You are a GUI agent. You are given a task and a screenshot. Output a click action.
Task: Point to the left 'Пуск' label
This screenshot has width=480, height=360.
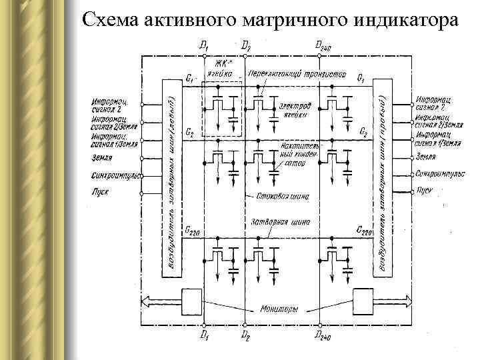pyautogui.click(x=100, y=191)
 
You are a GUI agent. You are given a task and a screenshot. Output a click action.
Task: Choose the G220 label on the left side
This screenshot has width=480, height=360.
pyautogui.click(x=193, y=231)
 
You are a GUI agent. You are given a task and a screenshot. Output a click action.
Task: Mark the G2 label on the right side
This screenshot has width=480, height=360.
pyautogui.click(x=363, y=133)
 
